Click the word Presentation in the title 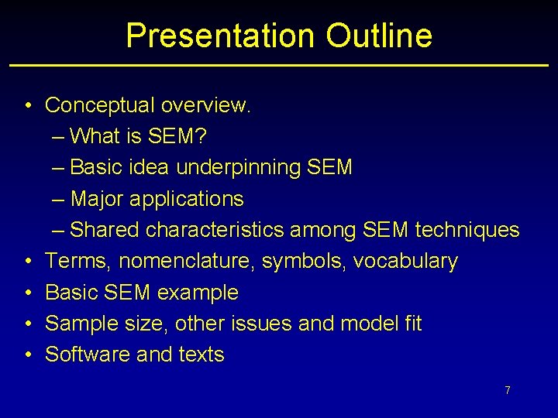point(219,36)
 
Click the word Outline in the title point(379,36)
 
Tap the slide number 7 point(508,390)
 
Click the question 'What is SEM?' point(138,136)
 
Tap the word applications point(187,199)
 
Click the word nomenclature point(189,262)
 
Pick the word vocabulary point(405,262)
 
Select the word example point(198,293)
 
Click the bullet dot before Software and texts point(27,355)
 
